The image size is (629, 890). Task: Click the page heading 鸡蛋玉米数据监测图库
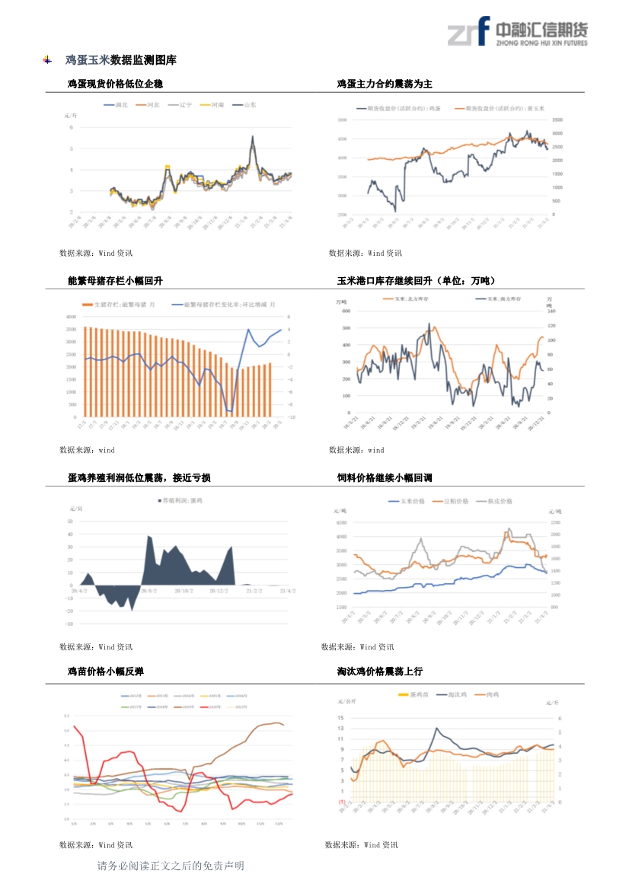coord(120,60)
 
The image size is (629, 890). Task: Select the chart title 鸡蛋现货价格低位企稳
coord(115,84)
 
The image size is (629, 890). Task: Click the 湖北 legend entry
coord(117,104)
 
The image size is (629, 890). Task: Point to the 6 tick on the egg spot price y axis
coord(71,128)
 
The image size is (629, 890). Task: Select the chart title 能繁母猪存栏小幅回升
coord(115,281)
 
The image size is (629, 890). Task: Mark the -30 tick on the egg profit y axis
coord(69,624)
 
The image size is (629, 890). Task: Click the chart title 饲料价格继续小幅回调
coord(385,478)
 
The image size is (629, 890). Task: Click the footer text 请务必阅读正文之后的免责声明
coord(171,866)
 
